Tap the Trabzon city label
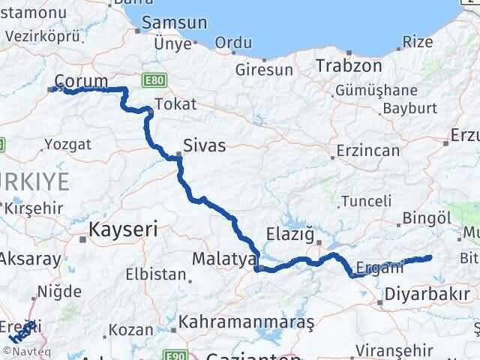(348, 66)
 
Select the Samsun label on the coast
(174, 23)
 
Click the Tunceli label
(366, 201)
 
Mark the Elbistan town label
(154, 274)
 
